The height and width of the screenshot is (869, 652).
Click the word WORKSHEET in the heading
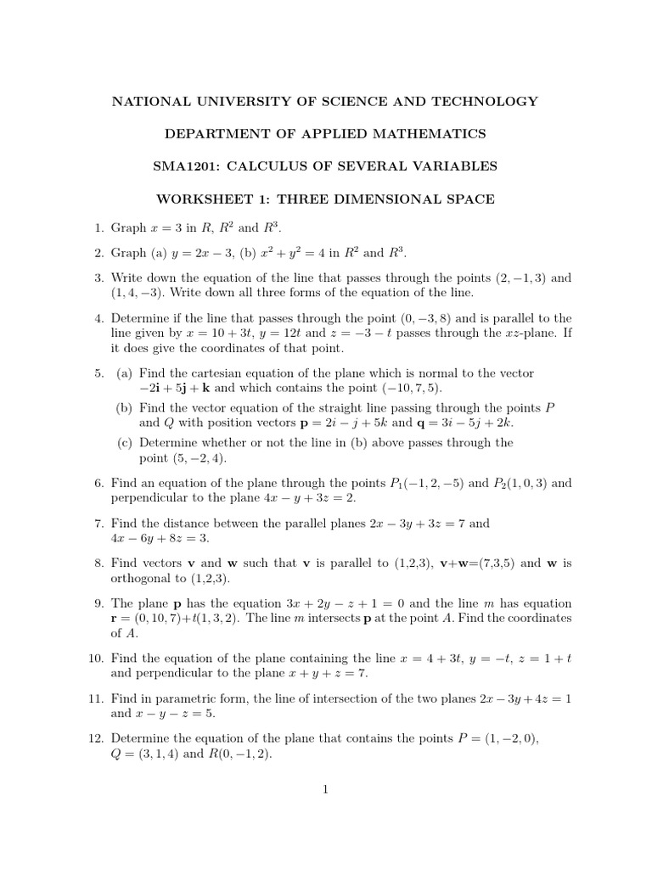tap(198, 199)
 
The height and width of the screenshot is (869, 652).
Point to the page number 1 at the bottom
tap(325, 788)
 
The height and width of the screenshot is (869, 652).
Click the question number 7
tap(98, 524)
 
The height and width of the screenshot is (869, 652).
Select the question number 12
tap(94, 738)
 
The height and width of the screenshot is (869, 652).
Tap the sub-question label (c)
tap(125, 442)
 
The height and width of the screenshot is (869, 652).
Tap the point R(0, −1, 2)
tap(239, 754)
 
